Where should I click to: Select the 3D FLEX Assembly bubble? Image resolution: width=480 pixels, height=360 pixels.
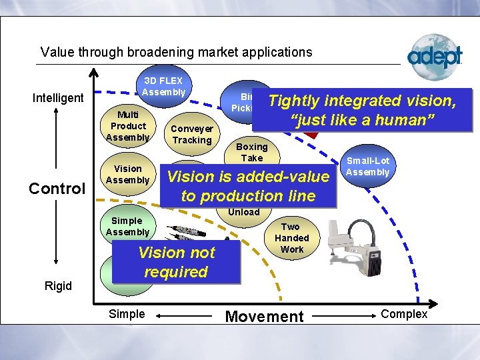tap(163, 87)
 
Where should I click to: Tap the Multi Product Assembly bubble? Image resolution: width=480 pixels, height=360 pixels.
tap(128, 126)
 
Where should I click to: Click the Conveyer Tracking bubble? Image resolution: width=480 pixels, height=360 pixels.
tap(191, 134)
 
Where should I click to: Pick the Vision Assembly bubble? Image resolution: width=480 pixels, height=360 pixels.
tap(127, 174)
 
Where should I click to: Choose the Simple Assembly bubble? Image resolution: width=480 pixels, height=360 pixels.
tap(127, 226)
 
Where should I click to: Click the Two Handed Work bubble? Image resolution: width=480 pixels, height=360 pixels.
tap(291, 238)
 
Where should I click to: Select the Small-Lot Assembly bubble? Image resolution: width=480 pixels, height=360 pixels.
tap(367, 167)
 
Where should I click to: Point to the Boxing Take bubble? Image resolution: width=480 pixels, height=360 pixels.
tap(251, 151)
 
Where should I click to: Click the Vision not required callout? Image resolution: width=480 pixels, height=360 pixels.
tap(176, 262)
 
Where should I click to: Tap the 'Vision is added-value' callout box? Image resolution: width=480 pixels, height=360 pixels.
tap(248, 186)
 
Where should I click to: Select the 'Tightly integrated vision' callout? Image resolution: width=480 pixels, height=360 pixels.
tap(362, 110)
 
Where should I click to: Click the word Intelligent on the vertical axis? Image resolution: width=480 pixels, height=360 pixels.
tap(58, 98)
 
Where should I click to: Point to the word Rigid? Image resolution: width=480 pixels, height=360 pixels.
tap(58, 285)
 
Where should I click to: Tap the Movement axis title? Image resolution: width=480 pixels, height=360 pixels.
tap(264, 315)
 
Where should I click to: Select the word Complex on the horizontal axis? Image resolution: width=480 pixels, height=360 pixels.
tap(404, 314)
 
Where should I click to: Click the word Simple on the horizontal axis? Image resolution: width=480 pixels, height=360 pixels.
tap(126, 314)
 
